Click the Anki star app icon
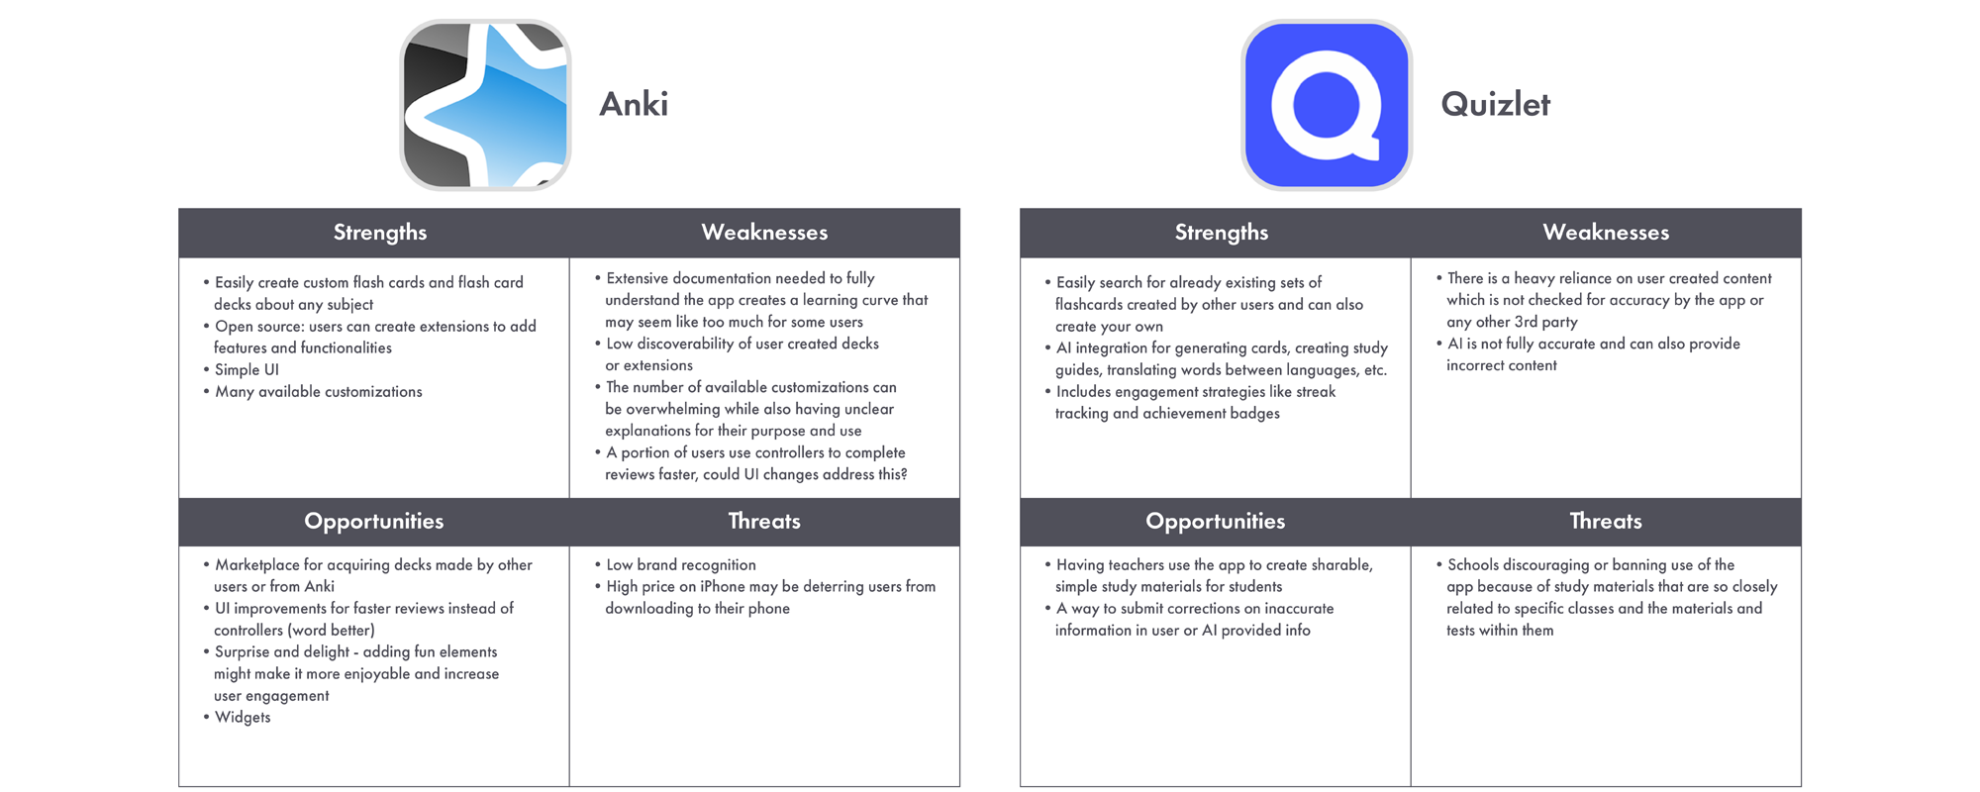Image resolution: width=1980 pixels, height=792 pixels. coord(485,105)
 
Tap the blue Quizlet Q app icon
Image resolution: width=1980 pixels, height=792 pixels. coord(1327,105)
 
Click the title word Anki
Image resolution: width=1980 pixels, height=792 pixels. coord(634,104)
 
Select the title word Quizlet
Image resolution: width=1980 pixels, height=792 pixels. coord(1495,104)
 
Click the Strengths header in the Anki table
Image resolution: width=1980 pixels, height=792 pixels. coord(380,233)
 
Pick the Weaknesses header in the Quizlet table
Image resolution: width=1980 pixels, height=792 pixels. coord(1606,233)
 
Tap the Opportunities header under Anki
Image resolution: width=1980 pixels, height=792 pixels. coord(374,522)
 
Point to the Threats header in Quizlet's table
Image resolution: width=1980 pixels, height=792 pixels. coord(1606,522)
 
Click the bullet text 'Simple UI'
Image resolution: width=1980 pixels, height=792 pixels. coord(247,370)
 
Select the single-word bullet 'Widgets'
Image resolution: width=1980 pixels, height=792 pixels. coord(243,718)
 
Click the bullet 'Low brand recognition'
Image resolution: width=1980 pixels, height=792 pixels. coord(681,565)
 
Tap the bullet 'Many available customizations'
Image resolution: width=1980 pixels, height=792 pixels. coord(319,392)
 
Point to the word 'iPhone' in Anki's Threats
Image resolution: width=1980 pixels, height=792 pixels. coord(723,587)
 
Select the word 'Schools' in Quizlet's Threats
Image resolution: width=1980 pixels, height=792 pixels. coord(1474,565)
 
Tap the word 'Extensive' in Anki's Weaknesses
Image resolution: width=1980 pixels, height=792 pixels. coord(638,279)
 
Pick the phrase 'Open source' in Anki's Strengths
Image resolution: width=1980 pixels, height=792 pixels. coord(259,327)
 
